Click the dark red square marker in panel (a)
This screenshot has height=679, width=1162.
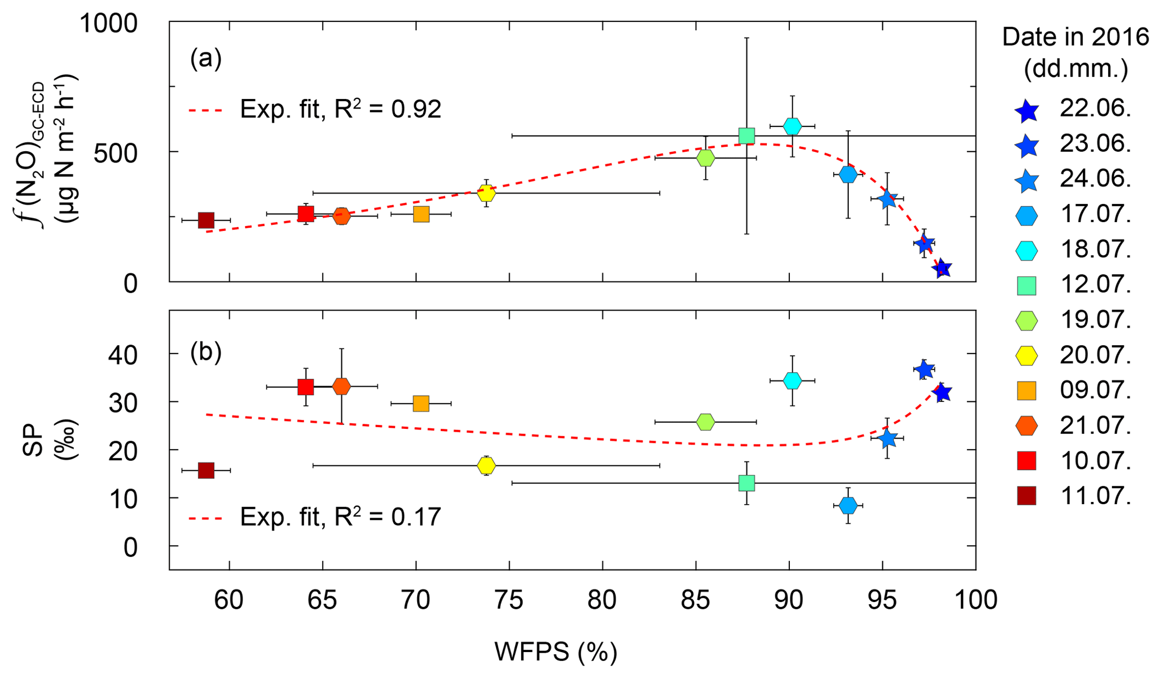coord(206,220)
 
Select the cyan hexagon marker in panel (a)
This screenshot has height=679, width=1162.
coord(792,126)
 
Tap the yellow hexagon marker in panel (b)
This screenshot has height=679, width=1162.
coord(486,465)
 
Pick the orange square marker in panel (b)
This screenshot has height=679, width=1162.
coord(421,404)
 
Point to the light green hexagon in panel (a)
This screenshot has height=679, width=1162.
coord(706,158)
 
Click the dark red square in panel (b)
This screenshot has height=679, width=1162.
coord(206,470)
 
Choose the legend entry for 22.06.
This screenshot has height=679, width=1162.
coord(1074,109)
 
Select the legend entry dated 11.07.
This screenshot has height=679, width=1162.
coord(1074,496)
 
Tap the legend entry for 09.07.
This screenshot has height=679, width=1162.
coord(1074,391)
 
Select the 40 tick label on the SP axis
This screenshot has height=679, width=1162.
coord(122,355)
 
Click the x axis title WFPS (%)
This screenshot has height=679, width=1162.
coord(555,652)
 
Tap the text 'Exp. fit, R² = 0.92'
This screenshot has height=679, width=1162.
coord(340,110)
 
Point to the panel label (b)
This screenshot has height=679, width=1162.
coord(206,352)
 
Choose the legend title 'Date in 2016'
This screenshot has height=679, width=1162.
coord(1075,37)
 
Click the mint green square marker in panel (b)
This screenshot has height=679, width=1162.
coord(747,483)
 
